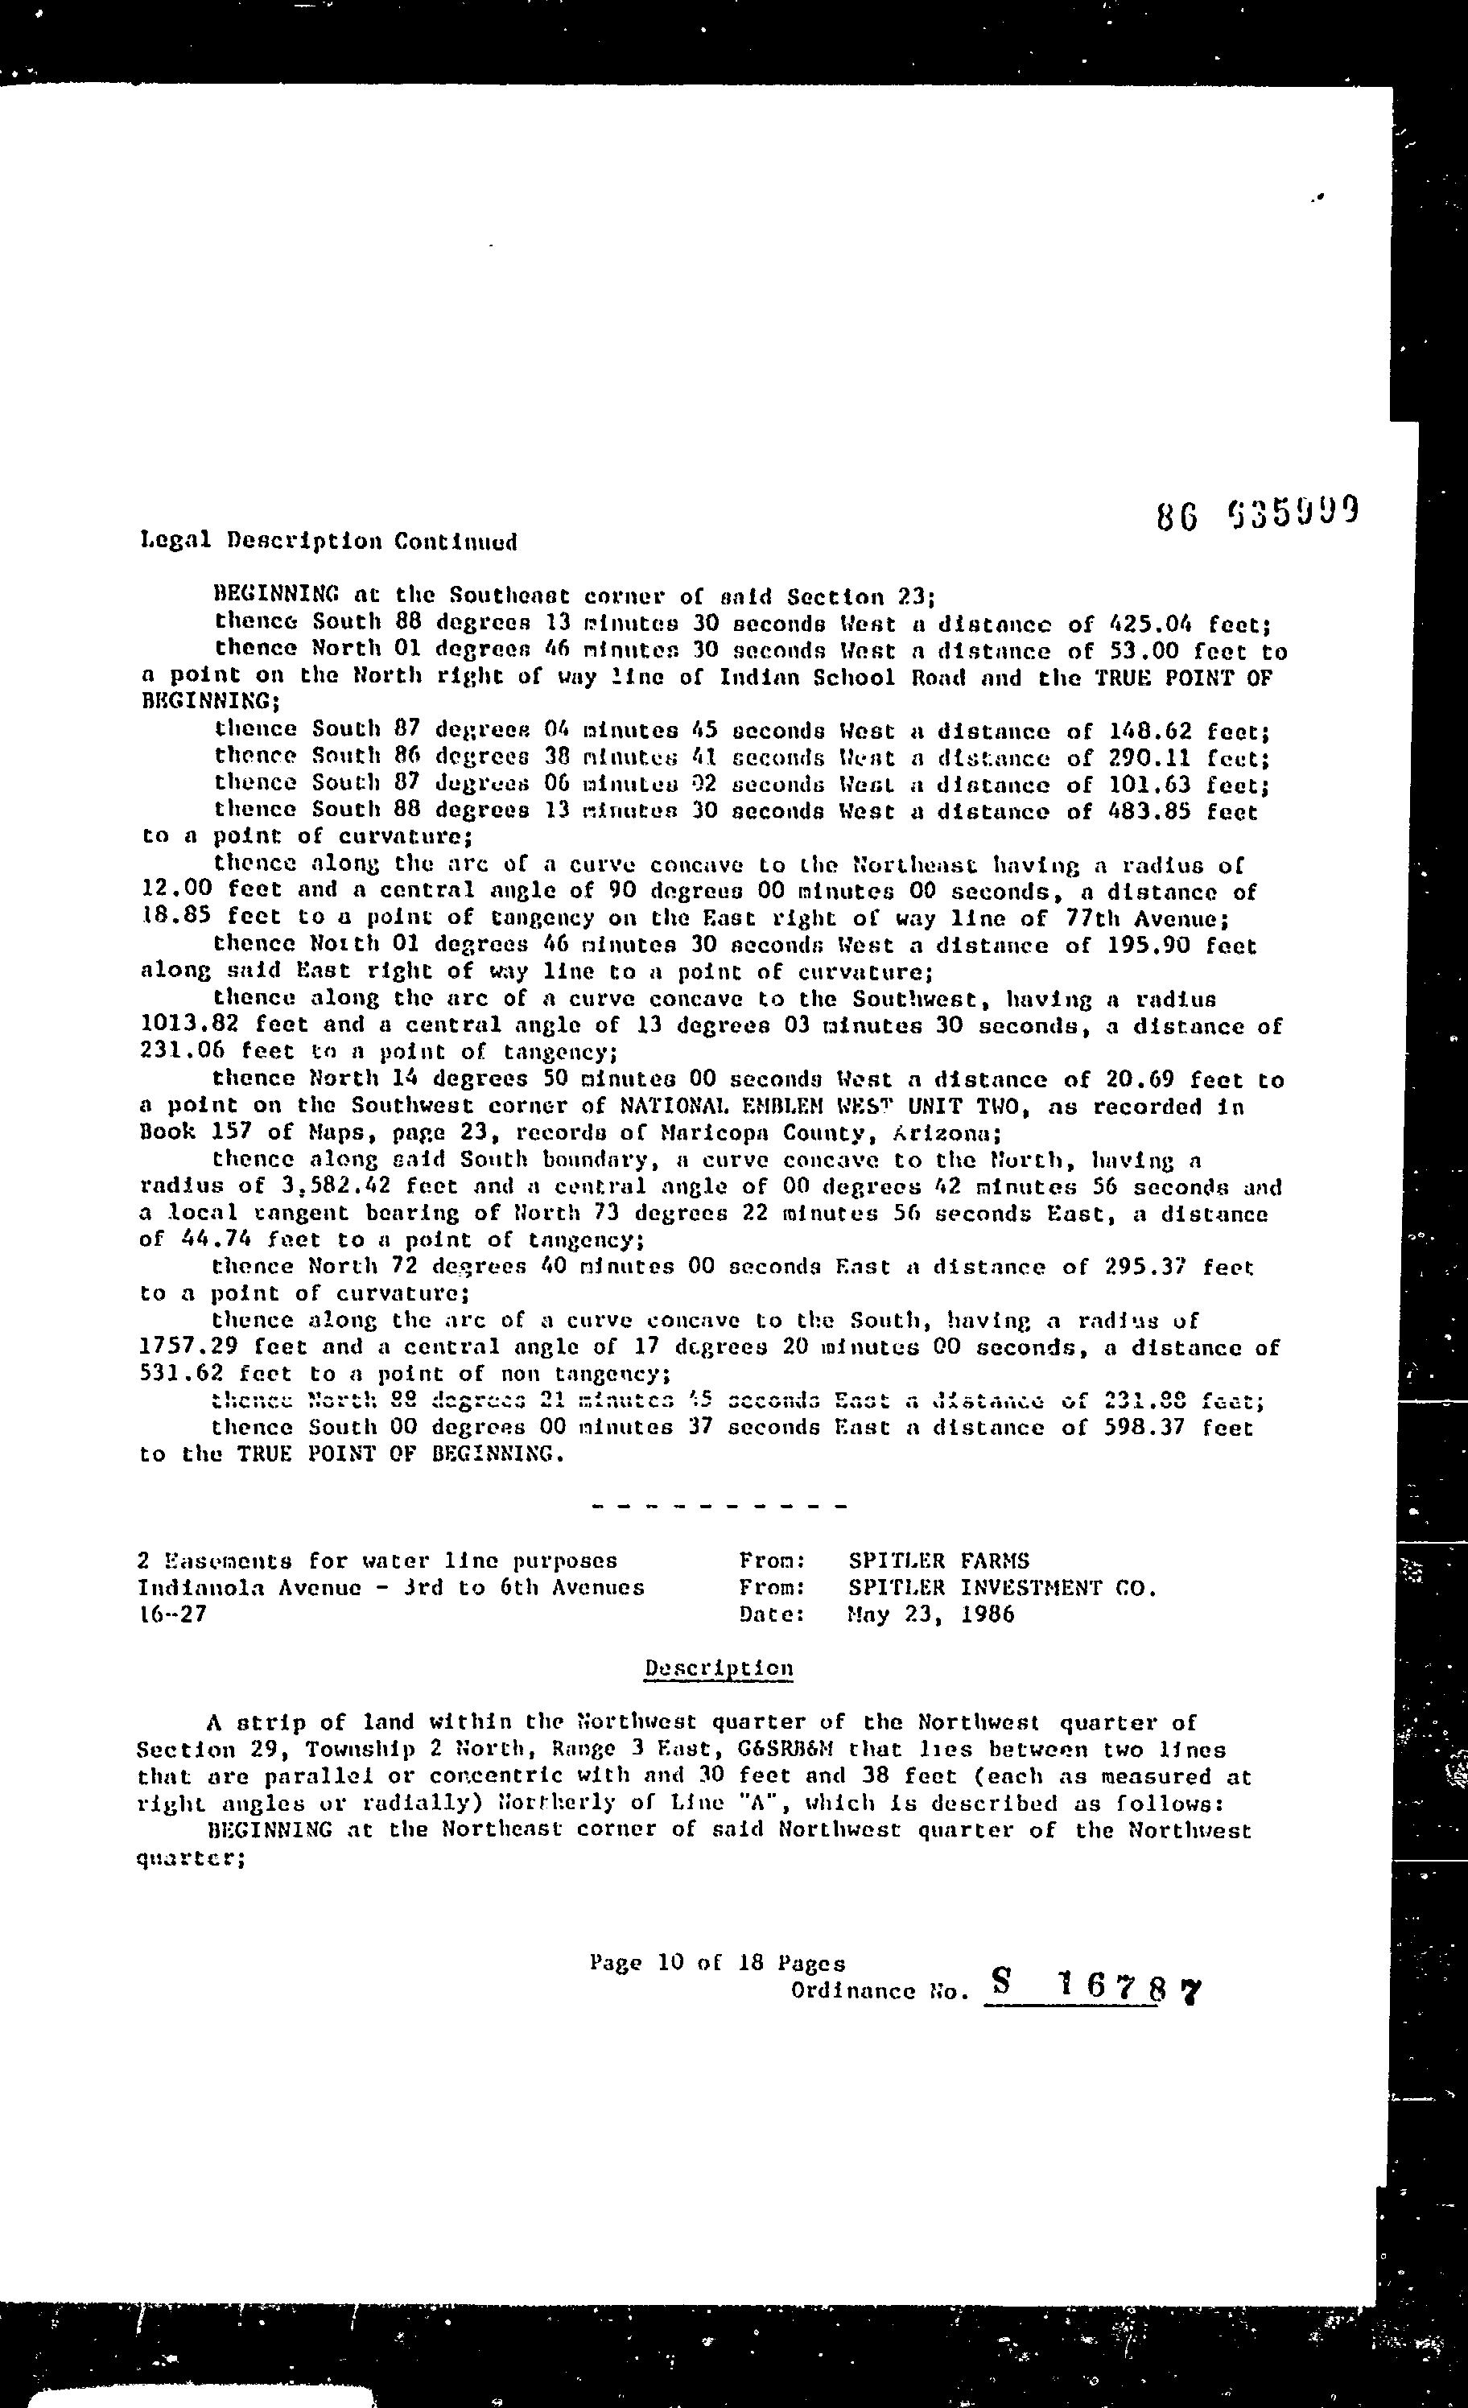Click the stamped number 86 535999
(1258, 513)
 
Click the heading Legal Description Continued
(328, 542)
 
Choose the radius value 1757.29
(183, 1347)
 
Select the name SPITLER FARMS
(938, 1561)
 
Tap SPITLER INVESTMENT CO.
(1003, 1588)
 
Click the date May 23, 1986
(931, 1614)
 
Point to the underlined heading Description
(719, 1668)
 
